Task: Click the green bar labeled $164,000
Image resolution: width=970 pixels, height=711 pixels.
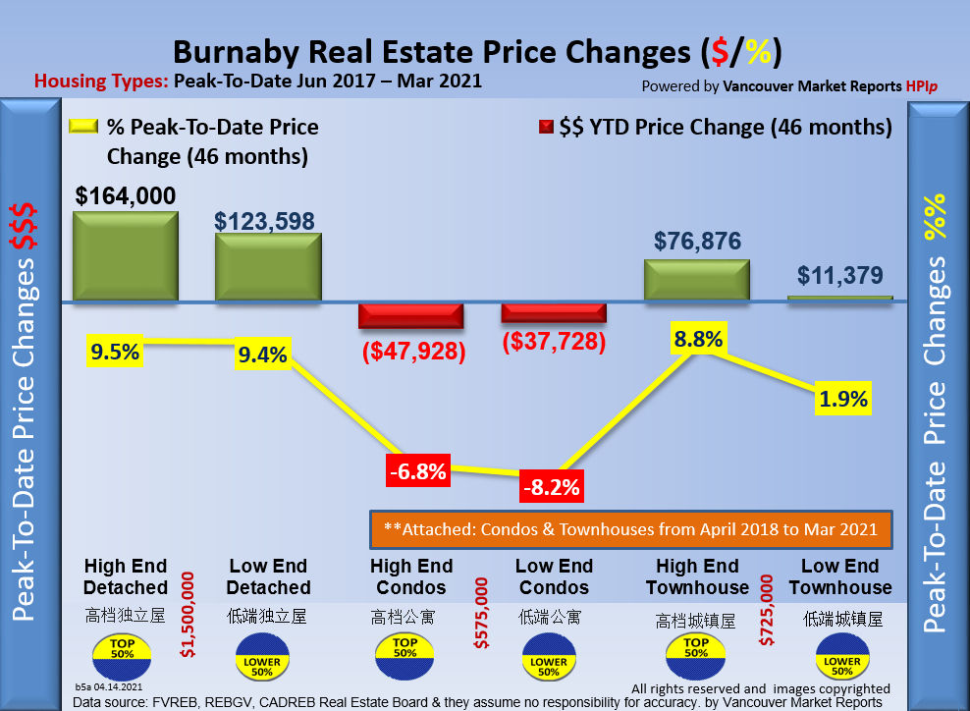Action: coord(125,255)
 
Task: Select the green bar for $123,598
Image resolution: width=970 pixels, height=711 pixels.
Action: coord(268,266)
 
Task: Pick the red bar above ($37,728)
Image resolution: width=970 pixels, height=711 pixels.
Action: coord(554,313)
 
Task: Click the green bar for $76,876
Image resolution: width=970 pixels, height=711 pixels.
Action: coord(697,279)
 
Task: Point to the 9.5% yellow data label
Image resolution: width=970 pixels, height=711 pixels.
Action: coord(116,350)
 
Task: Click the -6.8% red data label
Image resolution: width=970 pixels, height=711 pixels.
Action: coord(417,471)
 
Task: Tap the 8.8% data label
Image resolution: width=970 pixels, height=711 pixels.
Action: coord(698,340)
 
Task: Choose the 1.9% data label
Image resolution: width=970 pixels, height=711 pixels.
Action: coord(843,399)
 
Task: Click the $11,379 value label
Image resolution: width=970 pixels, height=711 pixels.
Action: coord(840,276)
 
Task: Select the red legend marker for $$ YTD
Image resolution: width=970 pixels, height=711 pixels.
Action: coord(545,128)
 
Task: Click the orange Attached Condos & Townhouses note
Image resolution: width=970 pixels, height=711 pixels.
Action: coord(630,529)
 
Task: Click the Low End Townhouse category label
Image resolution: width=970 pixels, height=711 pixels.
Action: coord(840,576)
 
